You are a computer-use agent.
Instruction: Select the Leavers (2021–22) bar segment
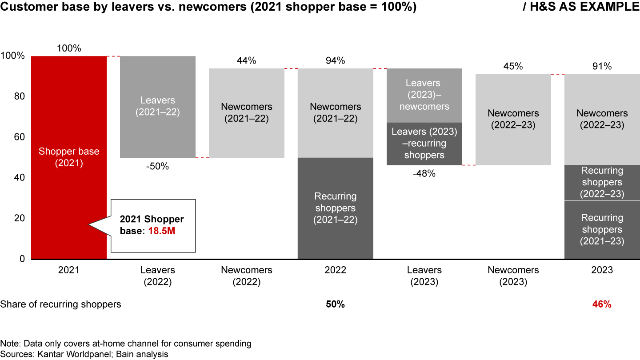coord(158,107)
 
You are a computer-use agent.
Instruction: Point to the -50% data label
coord(158,167)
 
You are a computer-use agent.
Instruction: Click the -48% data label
coord(424,174)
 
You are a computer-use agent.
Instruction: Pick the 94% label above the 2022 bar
coord(335,61)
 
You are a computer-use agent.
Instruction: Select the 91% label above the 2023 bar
coord(602,67)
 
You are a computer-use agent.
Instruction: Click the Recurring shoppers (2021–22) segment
coord(335,208)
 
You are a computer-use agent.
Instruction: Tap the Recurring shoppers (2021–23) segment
coord(602,229)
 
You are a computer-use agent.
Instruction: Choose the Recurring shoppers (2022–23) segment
coord(602,182)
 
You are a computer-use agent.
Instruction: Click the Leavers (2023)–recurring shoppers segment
coord(424,144)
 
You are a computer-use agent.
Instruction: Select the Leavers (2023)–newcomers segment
coord(424,95)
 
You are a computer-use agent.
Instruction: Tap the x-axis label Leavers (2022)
coord(158,276)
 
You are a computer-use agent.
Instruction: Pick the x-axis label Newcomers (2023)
coord(513,276)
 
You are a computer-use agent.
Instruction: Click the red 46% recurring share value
coord(602,304)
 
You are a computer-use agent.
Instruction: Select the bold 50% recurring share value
coord(335,304)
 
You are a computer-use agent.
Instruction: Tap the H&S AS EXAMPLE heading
coord(593,8)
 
